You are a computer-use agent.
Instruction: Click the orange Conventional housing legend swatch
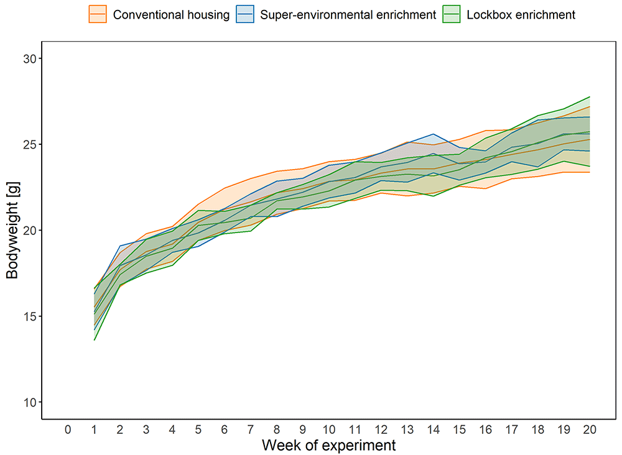point(98,14)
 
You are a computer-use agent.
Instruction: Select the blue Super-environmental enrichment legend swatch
point(244,14)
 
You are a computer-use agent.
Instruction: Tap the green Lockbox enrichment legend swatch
point(452,14)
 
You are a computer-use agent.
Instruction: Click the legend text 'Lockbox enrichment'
point(521,15)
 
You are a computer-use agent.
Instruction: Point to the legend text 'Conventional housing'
point(172,15)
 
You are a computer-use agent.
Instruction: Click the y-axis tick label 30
point(30,58)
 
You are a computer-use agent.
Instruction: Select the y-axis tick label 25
point(30,144)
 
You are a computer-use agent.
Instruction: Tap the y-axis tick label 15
point(30,316)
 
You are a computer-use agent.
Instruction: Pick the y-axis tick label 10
point(30,402)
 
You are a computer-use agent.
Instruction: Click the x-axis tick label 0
point(68,430)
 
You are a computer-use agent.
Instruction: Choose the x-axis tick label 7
point(250,430)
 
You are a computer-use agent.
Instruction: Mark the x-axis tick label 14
point(433,430)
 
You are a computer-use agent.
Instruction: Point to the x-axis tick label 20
point(590,430)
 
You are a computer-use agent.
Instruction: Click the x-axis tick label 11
point(355,430)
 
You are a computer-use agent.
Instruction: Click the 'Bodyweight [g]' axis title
point(12,230)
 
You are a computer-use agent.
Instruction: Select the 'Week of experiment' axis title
point(329,445)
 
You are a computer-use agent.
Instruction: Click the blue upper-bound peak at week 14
point(434,134)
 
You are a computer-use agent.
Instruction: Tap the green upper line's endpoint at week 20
point(590,97)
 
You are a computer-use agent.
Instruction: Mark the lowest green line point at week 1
point(95,340)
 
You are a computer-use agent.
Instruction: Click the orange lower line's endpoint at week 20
point(590,172)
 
